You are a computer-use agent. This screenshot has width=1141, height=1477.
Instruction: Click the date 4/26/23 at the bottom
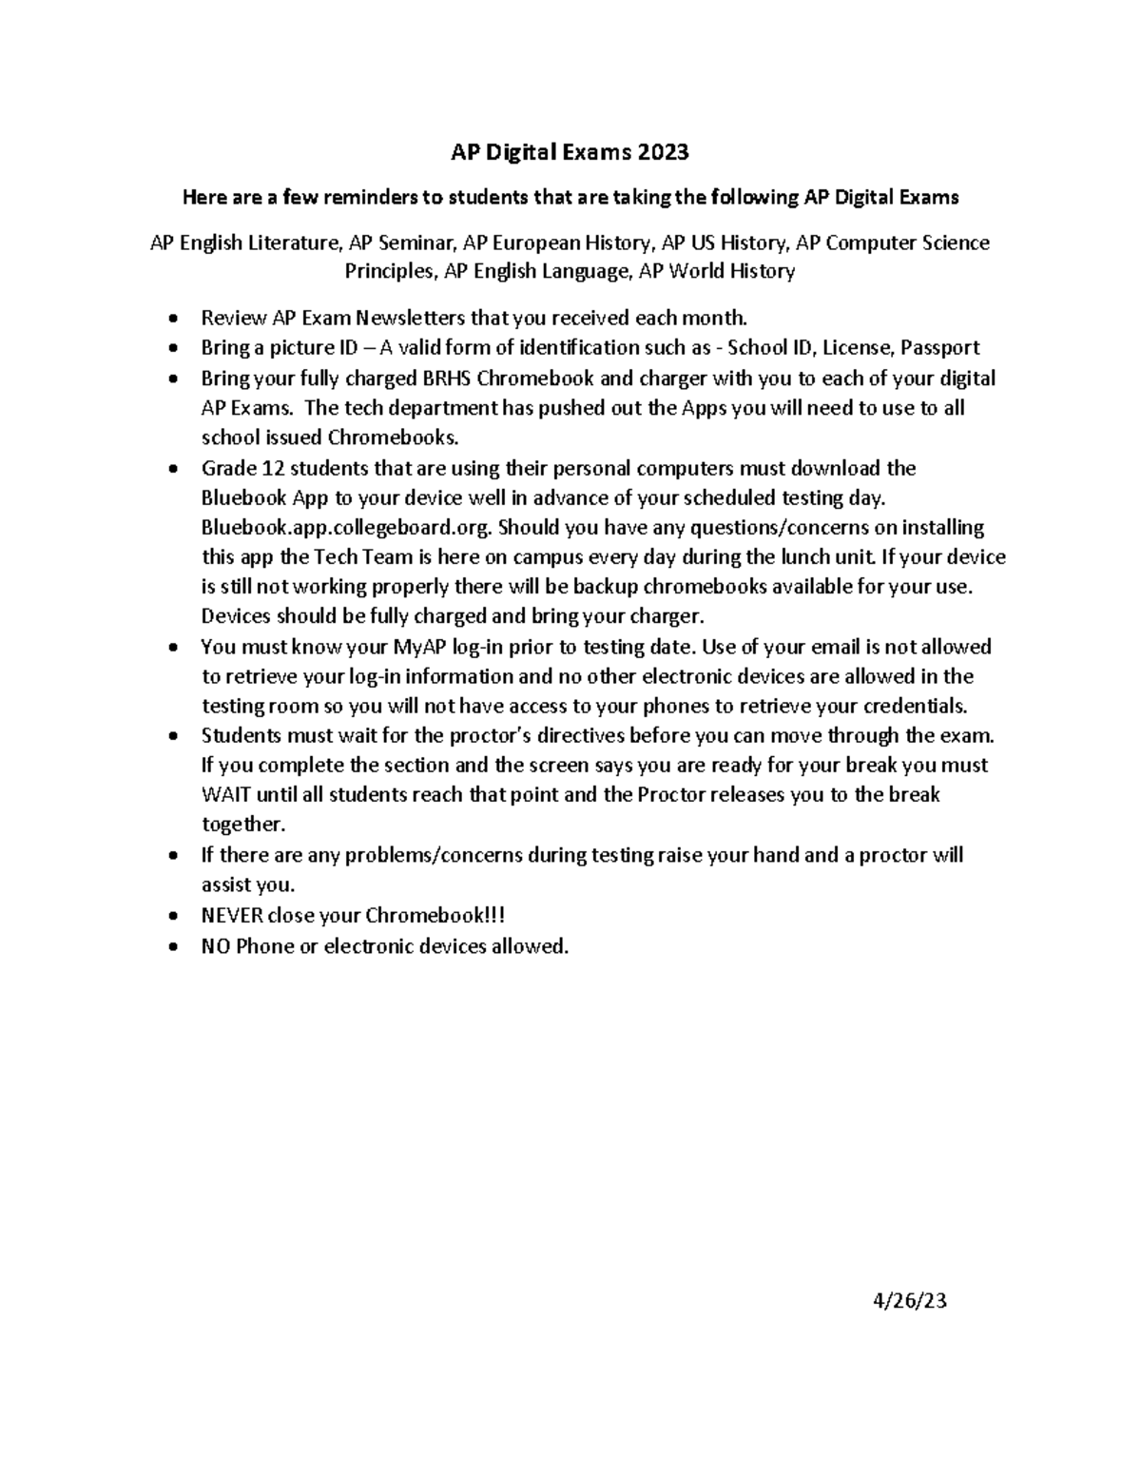[910, 1301]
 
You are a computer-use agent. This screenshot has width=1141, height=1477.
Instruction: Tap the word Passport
[940, 347]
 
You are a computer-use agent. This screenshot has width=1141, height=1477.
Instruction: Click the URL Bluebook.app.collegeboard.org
[346, 527]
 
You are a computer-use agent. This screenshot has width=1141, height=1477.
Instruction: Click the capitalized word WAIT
[223, 795]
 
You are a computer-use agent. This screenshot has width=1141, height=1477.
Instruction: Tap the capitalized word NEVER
[232, 916]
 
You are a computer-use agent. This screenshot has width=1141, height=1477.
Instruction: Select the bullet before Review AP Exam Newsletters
[171, 319]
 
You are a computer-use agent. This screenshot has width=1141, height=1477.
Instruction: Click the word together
[242, 825]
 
